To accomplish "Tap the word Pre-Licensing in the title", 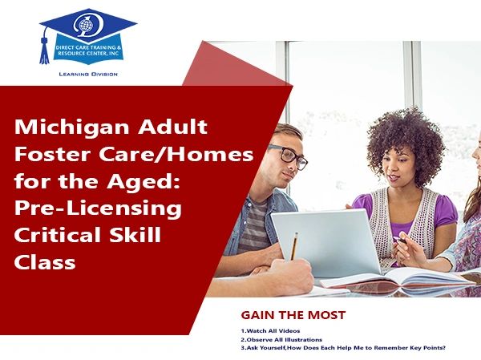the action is coord(98,208).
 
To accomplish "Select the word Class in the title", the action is coord(45,263).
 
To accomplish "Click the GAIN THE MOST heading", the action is coord(293,315).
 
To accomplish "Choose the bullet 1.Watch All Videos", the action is coord(270,331).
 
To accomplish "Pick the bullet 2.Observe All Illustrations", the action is coord(281,340).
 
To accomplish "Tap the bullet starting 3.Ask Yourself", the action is coord(343,348).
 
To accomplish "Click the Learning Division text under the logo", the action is coord(88,74).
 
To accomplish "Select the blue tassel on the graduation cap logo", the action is coord(44,50).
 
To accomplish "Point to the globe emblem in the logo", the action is coord(86,25).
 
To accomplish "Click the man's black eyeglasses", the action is coord(288,156).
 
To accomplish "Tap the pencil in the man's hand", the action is coord(294,246).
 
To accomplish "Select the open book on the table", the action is coord(398,278).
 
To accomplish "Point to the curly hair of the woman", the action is coord(405,141).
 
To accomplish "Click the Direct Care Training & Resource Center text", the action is coord(88,51).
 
